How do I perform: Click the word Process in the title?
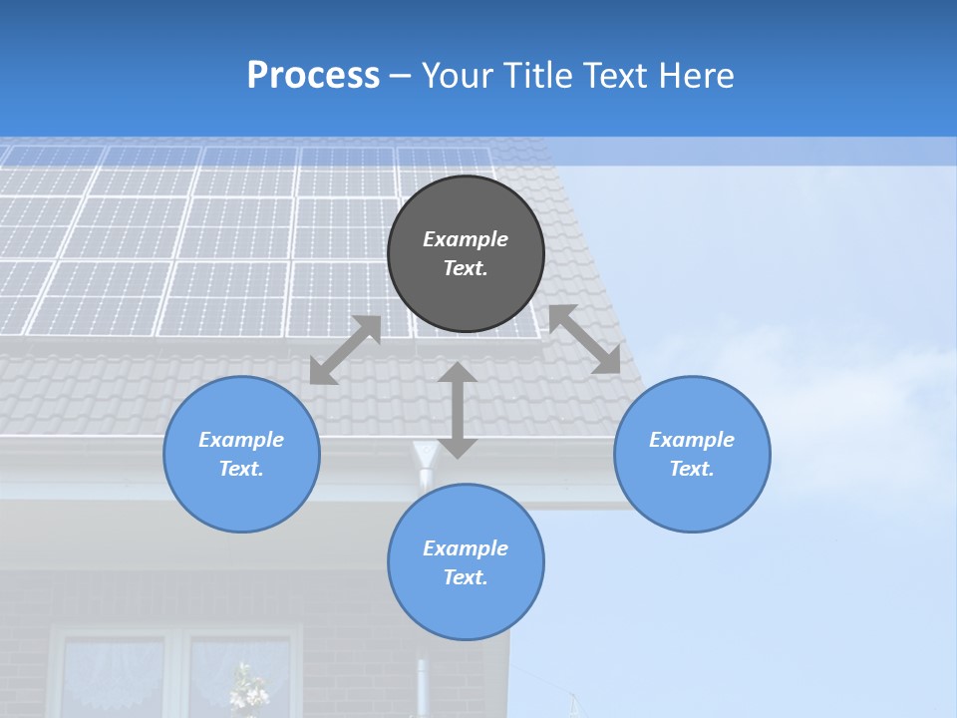(313, 76)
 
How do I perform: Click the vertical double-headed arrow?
(458, 410)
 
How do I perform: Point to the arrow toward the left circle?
(345, 350)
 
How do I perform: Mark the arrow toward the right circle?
(585, 339)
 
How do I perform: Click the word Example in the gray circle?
(466, 239)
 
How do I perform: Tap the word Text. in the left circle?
(241, 469)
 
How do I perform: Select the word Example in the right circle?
(692, 440)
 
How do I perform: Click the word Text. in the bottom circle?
(466, 577)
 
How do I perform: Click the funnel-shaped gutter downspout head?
(426, 457)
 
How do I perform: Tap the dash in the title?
(401, 77)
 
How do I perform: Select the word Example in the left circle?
(241, 440)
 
